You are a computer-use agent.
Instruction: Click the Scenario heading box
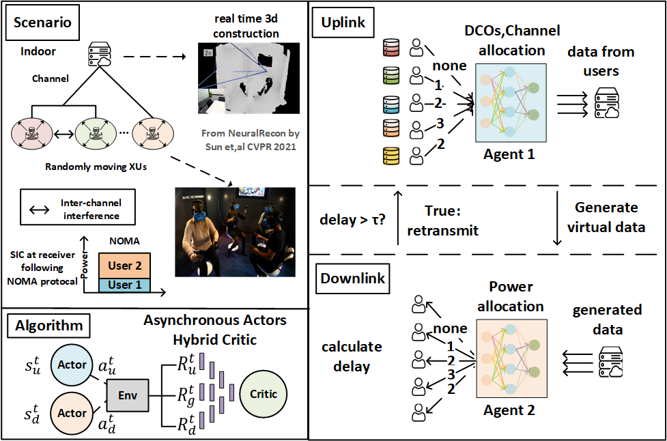pos(42,23)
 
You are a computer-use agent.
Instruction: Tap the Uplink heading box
pos(343,23)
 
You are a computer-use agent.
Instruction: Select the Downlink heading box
pos(353,279)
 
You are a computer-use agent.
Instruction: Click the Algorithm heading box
pos(49,326)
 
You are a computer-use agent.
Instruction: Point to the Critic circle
pos(264,394)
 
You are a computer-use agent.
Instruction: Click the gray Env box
pos(128,395)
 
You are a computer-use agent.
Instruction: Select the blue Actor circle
pos(72,365)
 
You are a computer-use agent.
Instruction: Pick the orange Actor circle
pos(72,413)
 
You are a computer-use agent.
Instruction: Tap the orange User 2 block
pos(124,266)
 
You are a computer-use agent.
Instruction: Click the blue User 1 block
pos(124,285)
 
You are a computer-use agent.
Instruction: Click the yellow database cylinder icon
pos(391,156)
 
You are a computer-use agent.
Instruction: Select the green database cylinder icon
pos(391,75)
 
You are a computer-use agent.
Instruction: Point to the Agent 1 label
pos(509,154)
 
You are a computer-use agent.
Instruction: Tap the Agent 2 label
pos(509,410)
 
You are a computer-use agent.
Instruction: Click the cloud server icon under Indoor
pos(100,54)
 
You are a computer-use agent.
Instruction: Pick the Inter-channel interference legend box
pos(78,207)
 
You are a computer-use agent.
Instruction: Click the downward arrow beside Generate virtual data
pos(557,218)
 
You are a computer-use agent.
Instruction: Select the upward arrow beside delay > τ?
pos(398,217)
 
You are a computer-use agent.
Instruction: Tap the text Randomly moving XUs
pos(96,167)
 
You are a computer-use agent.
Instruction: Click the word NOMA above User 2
pos(124,241)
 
